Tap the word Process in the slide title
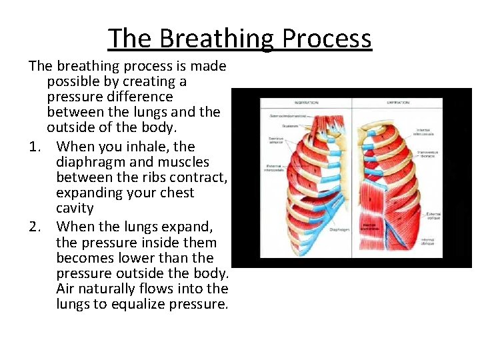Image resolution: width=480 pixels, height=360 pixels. (327, 38)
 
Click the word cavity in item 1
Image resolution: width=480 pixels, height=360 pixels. (75, 208)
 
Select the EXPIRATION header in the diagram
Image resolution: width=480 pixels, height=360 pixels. (399, 103)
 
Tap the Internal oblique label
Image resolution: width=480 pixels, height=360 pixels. (427, 241)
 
